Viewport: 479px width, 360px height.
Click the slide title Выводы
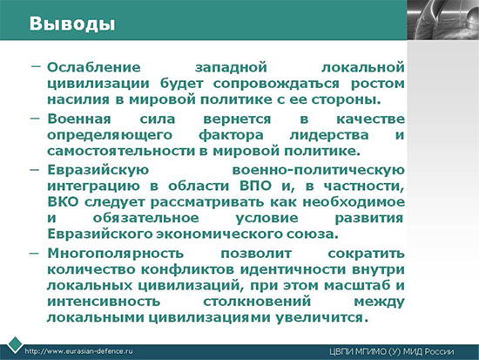pos(72,24)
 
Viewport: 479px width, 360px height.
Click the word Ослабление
pos(94,67)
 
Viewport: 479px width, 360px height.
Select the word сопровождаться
pos(276,84)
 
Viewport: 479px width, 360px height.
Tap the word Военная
pos(78,119)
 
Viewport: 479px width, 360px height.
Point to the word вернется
pos(237,119)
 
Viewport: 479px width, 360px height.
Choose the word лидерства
pos(328,135)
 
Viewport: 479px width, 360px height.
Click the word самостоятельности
pos(121,151)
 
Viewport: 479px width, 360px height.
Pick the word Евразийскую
pos(98,170)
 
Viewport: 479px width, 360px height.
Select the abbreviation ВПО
pos(255,186)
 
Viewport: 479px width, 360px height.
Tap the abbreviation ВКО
pos(63,202)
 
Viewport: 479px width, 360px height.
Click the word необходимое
pos(354,202)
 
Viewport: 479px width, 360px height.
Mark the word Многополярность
pos(116,254)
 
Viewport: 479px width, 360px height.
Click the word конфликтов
pos(187,269)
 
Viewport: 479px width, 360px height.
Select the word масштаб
pos(357,286)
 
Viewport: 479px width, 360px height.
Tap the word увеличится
pos(320,318)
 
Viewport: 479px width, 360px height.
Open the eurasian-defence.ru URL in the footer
pos(78,351)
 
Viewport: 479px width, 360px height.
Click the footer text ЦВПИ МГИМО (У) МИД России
pos(392,352)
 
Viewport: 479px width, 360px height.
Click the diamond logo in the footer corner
pos(15,344)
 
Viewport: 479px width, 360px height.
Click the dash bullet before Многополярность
pos(34,254)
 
